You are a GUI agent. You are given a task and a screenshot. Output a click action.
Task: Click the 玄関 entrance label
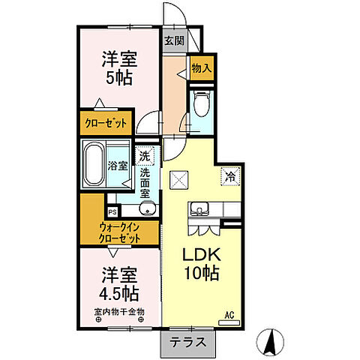pos(175,40)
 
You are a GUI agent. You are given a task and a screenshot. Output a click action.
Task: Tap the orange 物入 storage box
pos(201,68)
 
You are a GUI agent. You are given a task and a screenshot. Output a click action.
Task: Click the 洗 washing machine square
pos(143,157)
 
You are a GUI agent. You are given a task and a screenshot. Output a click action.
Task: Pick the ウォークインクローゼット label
pos(120,232)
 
